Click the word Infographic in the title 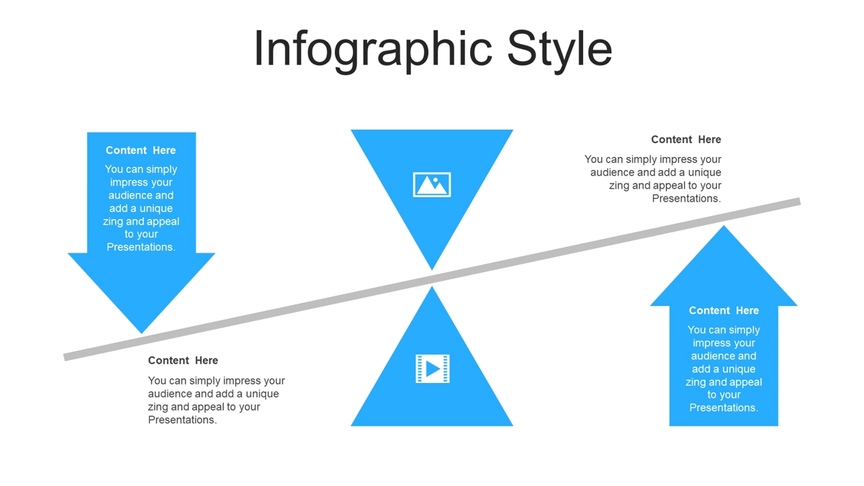(373, 50)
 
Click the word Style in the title (559, 50)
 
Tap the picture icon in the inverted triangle (431, 185)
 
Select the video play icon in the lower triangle (433, 369)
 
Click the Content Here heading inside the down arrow (141, 150)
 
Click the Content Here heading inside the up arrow (724, 310)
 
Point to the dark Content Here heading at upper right (685, 139)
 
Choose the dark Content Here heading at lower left (183, 360)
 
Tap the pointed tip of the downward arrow (142, 333)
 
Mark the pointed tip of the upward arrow (724, 226)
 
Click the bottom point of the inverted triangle (432, 269)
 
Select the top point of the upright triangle (432, 287)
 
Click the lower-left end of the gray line (64, 357)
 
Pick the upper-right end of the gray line (800, 202)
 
